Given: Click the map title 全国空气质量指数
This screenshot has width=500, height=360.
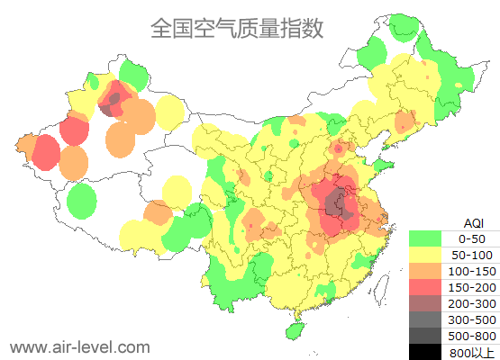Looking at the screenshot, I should (236, 28).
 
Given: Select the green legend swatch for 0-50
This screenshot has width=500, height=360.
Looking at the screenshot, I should (425, 238).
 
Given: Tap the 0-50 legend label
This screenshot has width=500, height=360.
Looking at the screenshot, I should (471, 238).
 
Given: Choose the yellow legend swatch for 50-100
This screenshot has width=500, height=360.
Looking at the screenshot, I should (425, 255).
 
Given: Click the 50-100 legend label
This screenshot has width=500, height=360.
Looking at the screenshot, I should (471, 255).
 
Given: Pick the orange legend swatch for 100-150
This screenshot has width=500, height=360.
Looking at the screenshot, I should (425, 271).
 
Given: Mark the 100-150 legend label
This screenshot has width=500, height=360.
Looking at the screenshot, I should (471, 271).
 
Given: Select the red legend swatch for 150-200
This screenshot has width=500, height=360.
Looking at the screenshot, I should (425, 287).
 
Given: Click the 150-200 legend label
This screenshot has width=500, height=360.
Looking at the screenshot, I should (471, 287).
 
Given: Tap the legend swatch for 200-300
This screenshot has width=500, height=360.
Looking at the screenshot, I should (425, 303).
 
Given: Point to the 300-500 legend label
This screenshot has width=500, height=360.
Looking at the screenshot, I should (471, 319).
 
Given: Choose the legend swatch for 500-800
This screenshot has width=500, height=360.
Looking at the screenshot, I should (425, 336).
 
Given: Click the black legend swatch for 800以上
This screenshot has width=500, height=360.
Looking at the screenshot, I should (425, 352).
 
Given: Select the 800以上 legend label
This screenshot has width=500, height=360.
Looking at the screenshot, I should (471, 352).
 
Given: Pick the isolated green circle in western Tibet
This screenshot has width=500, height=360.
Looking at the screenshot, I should (82, 200).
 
